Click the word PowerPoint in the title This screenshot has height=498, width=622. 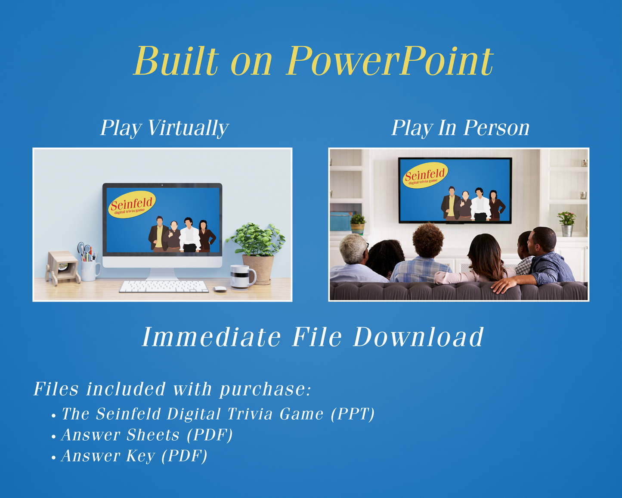click(x=390, y=61)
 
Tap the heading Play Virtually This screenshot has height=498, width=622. click(x=164, y=128)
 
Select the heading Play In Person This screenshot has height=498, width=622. click(x=460, y=128)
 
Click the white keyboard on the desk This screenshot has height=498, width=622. click(x=164, y=287)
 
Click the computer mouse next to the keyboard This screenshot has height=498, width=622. click(x=220, y=289)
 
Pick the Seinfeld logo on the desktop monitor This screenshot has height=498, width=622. click(x=132, y=204)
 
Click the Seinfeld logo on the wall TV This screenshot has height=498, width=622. click(x=425, y=175)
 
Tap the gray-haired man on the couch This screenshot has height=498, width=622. click(x=356, y=258)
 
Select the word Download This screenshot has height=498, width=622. click(x=418, y=337)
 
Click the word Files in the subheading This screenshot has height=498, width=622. click(x=56, y=389)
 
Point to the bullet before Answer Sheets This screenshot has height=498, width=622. click(x=53, y=437)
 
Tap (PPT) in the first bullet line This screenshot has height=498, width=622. click(x=353, y=414)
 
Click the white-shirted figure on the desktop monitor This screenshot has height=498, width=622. click(x=189, y=234)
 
